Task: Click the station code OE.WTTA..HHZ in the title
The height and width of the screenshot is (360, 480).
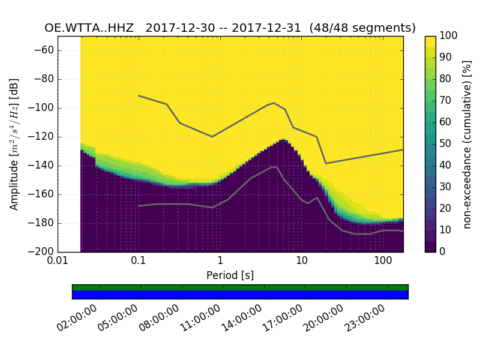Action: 92,28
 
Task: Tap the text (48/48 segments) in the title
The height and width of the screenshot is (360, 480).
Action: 367,28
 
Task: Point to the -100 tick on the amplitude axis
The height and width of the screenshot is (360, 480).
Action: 43,108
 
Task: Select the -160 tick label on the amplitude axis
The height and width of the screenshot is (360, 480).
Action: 43,194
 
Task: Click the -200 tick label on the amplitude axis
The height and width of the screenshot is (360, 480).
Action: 43,251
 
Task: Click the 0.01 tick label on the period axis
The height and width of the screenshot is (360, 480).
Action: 58,262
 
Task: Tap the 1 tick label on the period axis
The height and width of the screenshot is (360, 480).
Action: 220,262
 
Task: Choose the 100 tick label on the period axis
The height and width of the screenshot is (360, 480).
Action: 383,262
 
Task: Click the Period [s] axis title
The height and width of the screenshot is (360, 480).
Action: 230,275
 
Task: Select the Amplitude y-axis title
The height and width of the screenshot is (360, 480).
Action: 14,144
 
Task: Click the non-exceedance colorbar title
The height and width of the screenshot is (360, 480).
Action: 468,144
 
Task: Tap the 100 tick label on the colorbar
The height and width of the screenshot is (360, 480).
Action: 448,36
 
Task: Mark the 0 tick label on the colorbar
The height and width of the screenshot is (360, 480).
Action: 442,251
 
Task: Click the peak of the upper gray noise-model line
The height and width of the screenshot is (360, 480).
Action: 274,103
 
